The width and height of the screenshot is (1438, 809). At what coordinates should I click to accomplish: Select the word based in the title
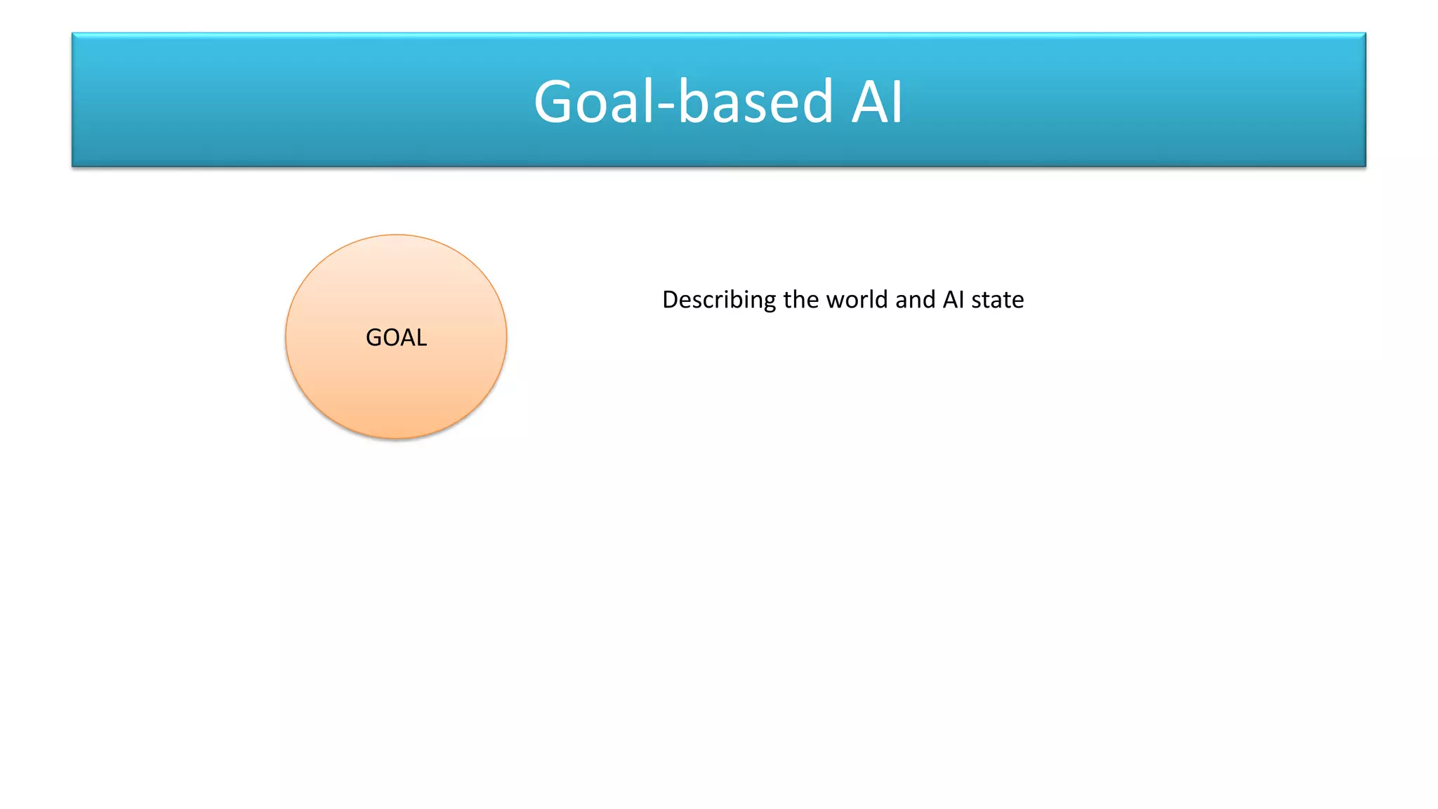[x=756, y=103]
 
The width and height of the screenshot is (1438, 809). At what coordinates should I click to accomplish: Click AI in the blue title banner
[x=877, y=103]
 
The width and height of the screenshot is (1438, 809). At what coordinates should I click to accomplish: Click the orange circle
[x=396, y=393]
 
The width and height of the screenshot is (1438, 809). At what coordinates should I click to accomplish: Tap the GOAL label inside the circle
[x=396, y=338]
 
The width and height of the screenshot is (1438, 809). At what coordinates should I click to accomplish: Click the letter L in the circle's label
[x=421, y=338]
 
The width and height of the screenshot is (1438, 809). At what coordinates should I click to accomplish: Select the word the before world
[x=802, y=300]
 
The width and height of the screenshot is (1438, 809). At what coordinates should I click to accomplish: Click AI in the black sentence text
[x=954, y=300]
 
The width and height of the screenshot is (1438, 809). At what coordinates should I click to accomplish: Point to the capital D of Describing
[x=670, y=300]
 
